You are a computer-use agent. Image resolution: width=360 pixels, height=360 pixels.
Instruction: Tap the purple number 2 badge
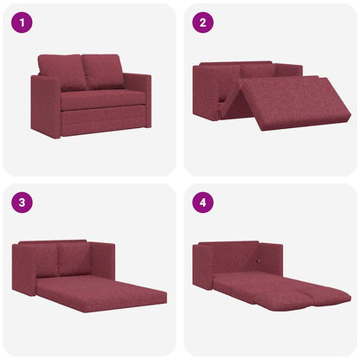pyautogui.click(x=203, y=22)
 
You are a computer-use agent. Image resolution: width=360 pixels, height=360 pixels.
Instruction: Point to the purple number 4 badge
pyautogui.click(x=203, y=204)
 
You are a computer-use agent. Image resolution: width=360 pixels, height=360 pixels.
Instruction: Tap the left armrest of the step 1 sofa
pyautogui.click(x=44, y=108)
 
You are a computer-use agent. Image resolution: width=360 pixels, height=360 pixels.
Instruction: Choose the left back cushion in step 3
pyautogui.click(x=43, y=260)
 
